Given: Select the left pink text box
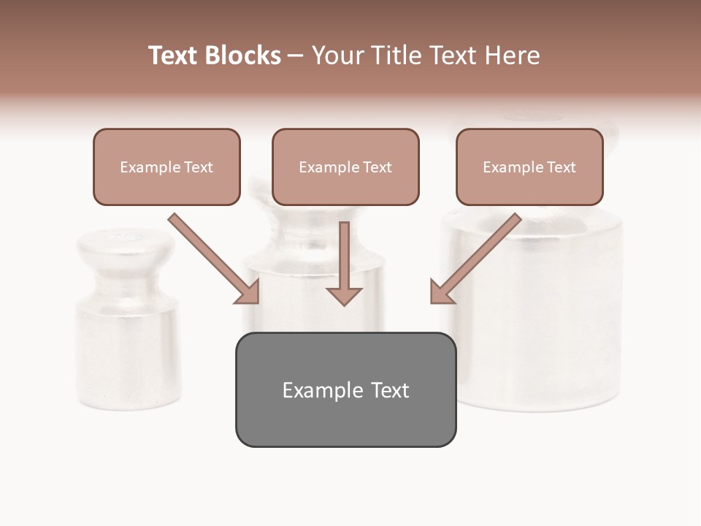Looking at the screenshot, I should [166, 167].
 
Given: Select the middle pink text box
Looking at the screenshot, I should [345, 167].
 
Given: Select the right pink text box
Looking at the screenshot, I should [529, 167].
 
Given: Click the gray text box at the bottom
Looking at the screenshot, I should [345, 389].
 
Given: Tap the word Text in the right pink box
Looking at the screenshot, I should [561, 167].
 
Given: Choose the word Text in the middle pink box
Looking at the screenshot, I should [377, 167].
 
